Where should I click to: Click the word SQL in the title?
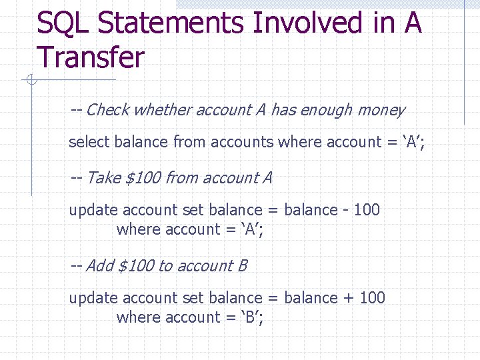[63, 23]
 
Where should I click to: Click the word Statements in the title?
[170, 23]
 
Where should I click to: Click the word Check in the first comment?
[107, 110]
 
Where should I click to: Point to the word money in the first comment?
[381, 110]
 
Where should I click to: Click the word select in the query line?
[90, 142]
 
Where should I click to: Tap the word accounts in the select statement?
[242, 142]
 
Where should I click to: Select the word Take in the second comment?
[103, 178]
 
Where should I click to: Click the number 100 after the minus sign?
[367, 210]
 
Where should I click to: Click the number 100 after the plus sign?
[372, 298]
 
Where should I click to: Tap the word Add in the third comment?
[100, 266]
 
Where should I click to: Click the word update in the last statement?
[93, 298]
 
